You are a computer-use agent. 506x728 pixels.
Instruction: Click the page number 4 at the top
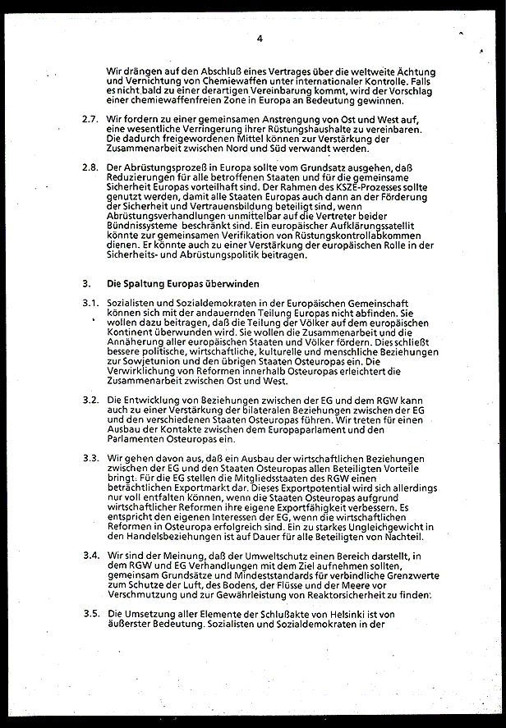coord(260,39)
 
